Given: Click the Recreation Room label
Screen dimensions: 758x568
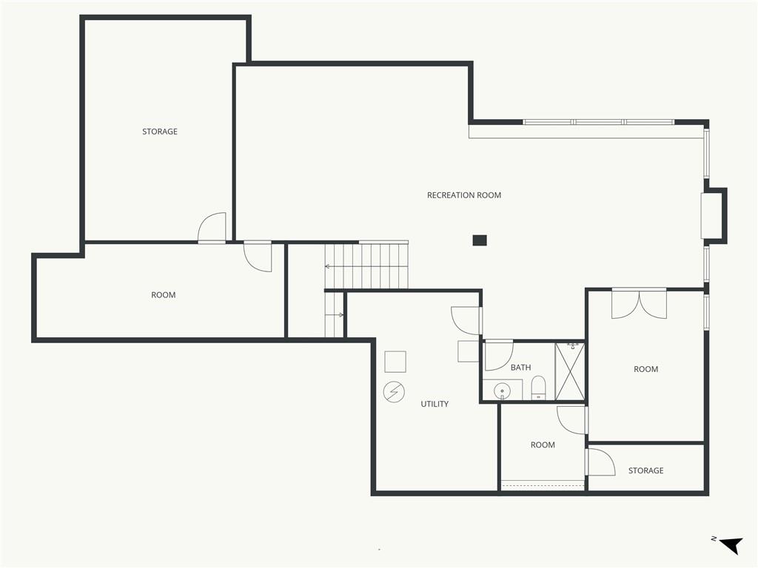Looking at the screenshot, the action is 464,195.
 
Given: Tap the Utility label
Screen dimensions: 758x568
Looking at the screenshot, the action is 435,404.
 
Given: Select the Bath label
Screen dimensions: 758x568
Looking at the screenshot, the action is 520,368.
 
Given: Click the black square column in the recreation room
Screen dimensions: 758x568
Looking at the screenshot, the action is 480,240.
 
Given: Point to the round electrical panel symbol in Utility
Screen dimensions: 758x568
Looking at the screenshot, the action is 394,392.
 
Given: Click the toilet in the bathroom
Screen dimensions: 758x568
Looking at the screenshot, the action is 538,388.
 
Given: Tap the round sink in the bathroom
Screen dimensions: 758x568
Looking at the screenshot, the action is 503,389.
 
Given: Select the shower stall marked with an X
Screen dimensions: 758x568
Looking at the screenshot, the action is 569,371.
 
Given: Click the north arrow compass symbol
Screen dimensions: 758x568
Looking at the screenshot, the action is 729,545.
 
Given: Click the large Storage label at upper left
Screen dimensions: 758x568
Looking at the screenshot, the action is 160,132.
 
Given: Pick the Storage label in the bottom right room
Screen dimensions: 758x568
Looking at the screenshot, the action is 645,470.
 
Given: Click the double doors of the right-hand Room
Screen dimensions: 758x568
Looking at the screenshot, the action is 639,304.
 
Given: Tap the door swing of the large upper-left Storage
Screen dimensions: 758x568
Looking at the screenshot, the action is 212,227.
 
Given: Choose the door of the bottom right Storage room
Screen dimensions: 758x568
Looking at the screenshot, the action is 600,462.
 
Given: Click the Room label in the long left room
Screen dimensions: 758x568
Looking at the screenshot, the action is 164,295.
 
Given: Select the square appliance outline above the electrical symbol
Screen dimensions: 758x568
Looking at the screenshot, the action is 395,361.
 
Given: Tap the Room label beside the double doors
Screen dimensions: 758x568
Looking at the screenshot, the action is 645,369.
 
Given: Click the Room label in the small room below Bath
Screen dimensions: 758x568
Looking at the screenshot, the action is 543,444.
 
